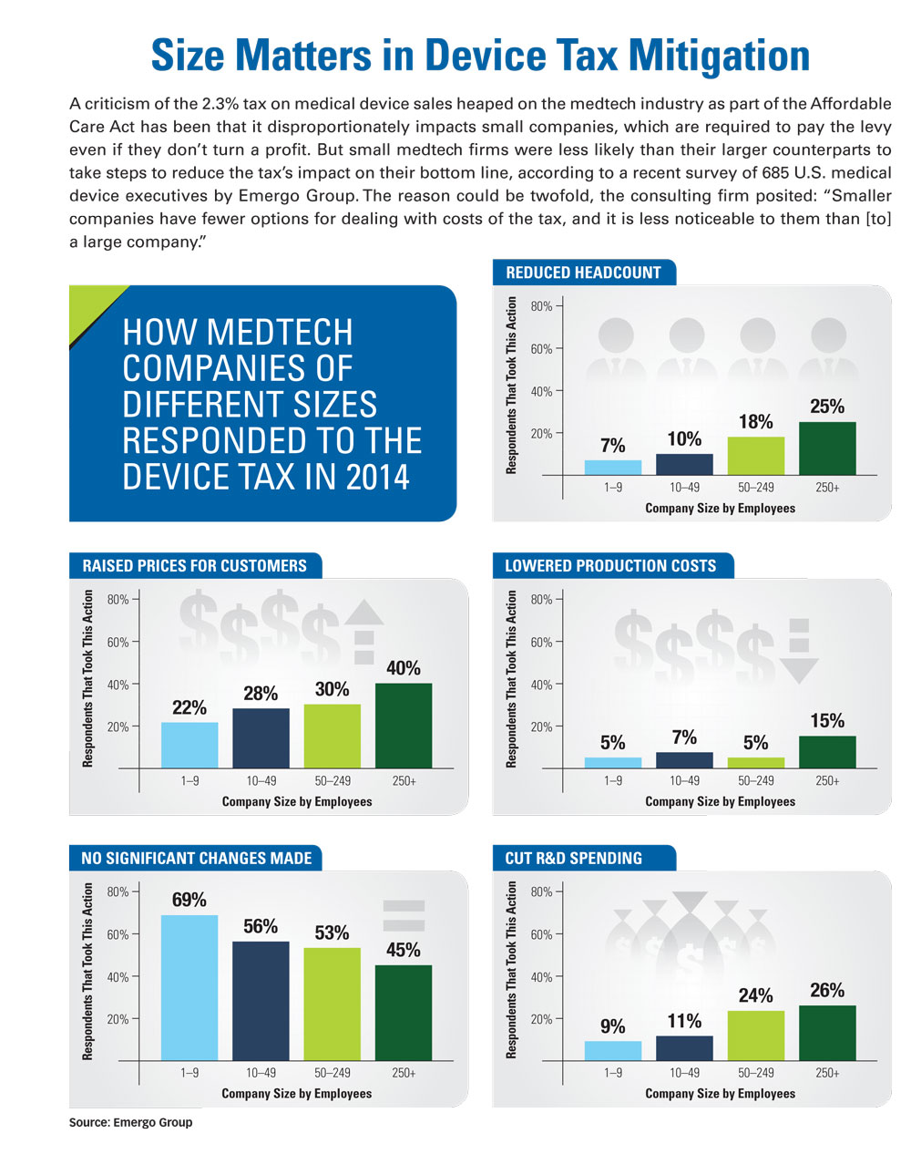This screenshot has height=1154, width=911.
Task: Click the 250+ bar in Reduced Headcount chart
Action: pos(827,448)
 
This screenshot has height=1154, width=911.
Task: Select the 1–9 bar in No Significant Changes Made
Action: pos(189,988)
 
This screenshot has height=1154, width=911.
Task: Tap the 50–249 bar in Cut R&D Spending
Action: pos(755,1036)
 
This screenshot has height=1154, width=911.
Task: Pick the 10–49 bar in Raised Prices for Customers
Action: pos(261,738)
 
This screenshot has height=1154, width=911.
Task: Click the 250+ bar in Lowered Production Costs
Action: pos(827,752)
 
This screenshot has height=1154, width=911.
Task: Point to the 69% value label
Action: pos(189,900)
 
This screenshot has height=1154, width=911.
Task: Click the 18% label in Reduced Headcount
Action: pos(755,422)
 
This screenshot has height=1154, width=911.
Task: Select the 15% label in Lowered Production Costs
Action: pos(827,721)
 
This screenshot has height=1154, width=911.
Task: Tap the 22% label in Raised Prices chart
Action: pos(189,707)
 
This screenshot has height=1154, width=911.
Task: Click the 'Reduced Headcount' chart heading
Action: pos(583,273)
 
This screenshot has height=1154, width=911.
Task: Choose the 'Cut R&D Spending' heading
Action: pos(573,858)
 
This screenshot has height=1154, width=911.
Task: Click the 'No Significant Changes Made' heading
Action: pos(196,858)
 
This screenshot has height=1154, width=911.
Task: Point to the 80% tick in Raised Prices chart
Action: pos(118,600)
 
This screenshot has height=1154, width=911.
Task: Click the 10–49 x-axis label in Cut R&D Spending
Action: pos(684,1073)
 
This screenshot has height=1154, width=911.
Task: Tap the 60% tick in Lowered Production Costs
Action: pos(541,642)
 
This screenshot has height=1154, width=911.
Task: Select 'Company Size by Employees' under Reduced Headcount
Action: pos(720,508)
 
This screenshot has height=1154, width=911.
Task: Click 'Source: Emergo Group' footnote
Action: pos(130,1122)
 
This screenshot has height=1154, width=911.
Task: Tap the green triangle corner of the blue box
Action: pos(91,305)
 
